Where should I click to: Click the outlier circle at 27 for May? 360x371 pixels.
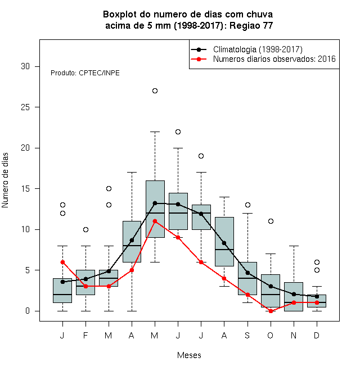tap(155, 91)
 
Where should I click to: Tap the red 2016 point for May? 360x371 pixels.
tap(155, 221)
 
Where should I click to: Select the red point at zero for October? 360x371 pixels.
tap(271, 311)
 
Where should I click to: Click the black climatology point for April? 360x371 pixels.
tap(132, 241)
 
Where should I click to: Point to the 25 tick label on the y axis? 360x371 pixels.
tap(25, 107)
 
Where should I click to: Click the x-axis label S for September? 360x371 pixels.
tap(247, 335)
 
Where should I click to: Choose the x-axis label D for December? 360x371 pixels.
tap(317, 335)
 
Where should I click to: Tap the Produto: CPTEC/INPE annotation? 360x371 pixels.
tap(85, 73)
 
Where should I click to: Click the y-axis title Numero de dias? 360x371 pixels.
tap(5, 180)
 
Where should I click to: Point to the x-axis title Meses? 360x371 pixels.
tap(189, 355)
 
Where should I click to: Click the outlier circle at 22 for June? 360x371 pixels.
tap(178, 132)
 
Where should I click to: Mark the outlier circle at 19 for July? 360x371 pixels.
tap(201, 156)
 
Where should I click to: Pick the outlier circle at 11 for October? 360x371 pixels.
tap(271, 221)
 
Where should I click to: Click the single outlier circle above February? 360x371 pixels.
tap(85, 229)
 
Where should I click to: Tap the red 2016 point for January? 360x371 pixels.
tap(62, 262)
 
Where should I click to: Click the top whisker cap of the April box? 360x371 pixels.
tap(132, 173)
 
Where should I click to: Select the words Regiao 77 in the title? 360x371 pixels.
tap(251, 25)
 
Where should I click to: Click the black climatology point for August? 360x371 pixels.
tap(224, 243)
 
